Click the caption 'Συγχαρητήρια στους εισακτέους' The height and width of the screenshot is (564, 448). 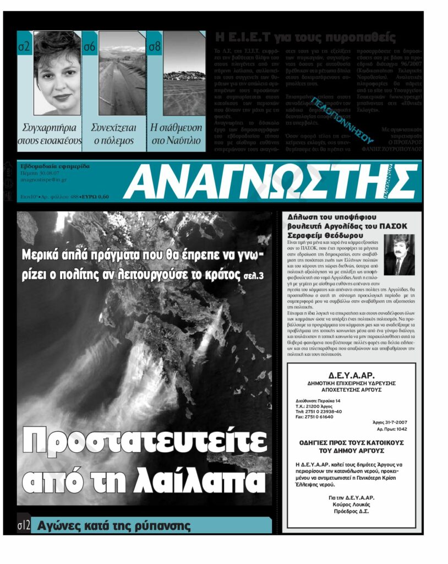click(50, 134)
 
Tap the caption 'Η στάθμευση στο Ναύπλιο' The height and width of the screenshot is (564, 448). click(176, 134)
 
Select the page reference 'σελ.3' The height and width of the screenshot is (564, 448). click(253, 273)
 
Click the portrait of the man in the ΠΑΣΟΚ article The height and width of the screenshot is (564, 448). click(399, 255)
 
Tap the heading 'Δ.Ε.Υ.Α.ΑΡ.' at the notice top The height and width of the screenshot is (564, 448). click(351, 374)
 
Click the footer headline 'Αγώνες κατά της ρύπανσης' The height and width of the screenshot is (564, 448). click(113, 526)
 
